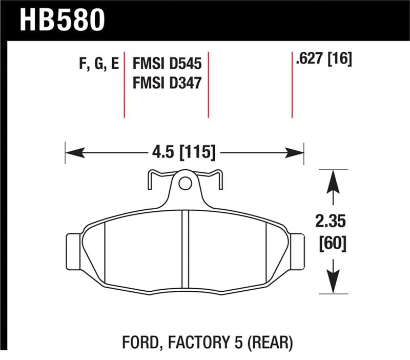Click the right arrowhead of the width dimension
click(x=296, y=152)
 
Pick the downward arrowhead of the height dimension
click(x=334, y=283)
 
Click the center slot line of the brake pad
click(x=186, y=249)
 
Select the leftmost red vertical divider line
click(x=125, y=87)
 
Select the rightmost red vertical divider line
click(x=292, y=87)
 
